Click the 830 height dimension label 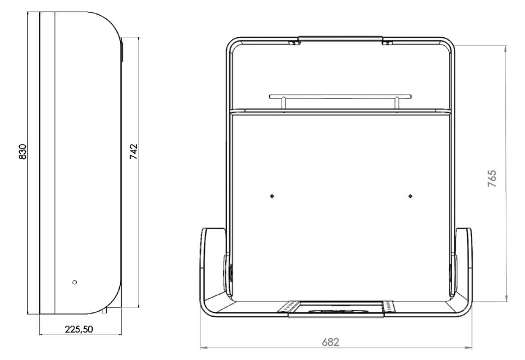[23, 152]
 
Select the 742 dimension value [134, 152]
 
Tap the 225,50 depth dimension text [79, 329]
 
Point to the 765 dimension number [492, 178]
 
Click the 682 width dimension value [330, 342]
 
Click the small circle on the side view [75, 282]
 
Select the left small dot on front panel [272, 196]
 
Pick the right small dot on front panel [410, 196]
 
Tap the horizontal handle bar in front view [340, 97]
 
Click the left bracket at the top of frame [294, 42]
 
